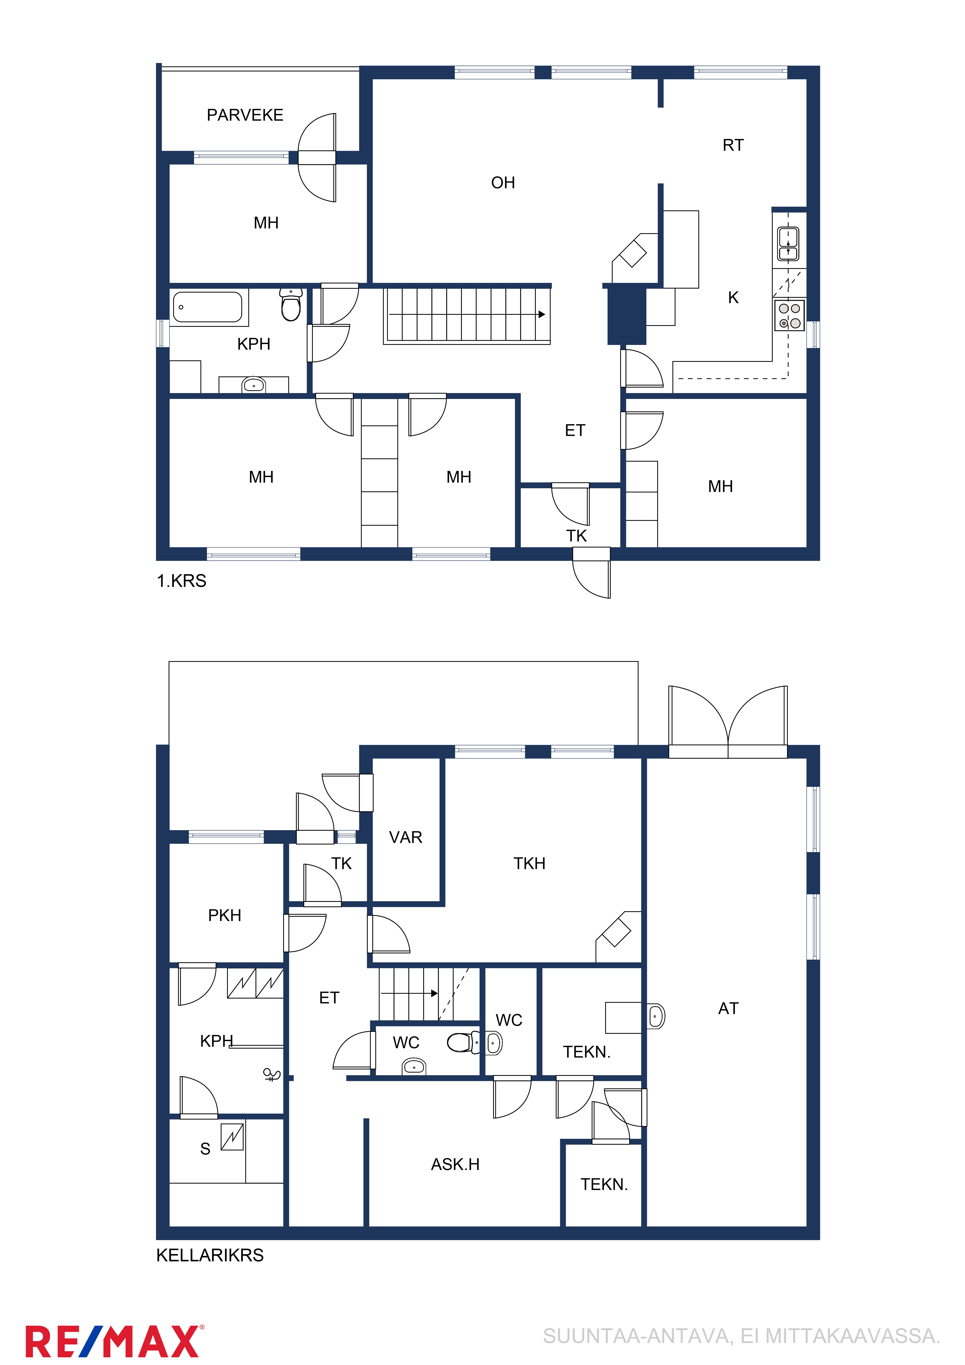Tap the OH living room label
tap(503, 182)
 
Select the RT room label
tap(733, 145)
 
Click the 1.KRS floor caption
tap(181, 581)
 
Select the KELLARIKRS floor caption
tap(210, 1255)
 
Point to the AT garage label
tap(728, 1008)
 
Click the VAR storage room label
tap(405, 837)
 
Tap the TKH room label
tap(529, 863)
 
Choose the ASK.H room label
tap(456, 1164)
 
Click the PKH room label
tap(225, 915)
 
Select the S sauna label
tap(205, 1149)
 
